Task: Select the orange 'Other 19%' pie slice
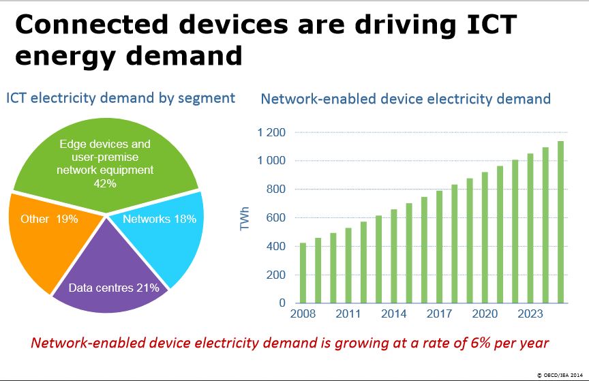pos(48,239)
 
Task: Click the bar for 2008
pos(303,273)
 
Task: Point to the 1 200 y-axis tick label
pos(272,132)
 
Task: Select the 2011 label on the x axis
pos(348,316)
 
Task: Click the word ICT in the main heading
pos(485,25)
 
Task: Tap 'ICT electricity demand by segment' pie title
pos(120,98)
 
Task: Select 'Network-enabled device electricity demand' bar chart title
pos(406,99)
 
